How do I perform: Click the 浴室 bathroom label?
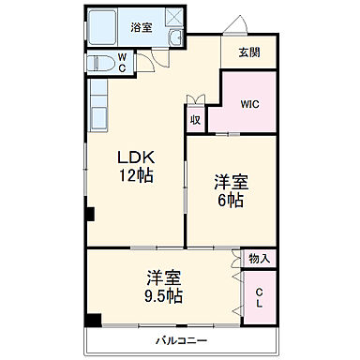[140, 28]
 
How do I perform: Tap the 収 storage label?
[195, 120]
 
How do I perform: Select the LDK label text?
[136, 157]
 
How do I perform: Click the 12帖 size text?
[136, 175]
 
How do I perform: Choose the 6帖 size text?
[232, 199]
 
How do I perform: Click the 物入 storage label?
[259, 258]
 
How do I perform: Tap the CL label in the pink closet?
[260, 299]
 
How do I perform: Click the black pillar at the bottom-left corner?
[93, 319]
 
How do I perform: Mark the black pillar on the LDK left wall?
[90, 215]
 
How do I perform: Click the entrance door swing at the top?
[234, 25]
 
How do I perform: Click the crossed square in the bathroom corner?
[172, 17]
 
